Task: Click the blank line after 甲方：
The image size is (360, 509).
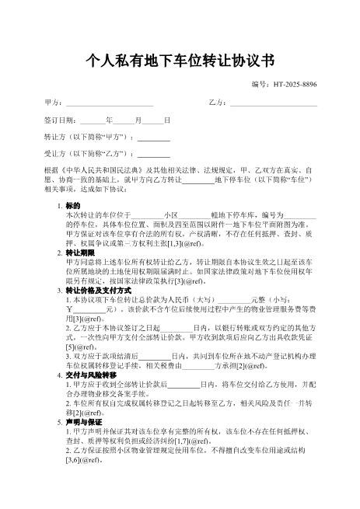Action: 109,103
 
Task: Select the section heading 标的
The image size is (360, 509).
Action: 72,204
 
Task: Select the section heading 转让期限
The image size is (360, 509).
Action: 80,253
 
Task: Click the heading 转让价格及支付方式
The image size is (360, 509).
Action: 97,290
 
